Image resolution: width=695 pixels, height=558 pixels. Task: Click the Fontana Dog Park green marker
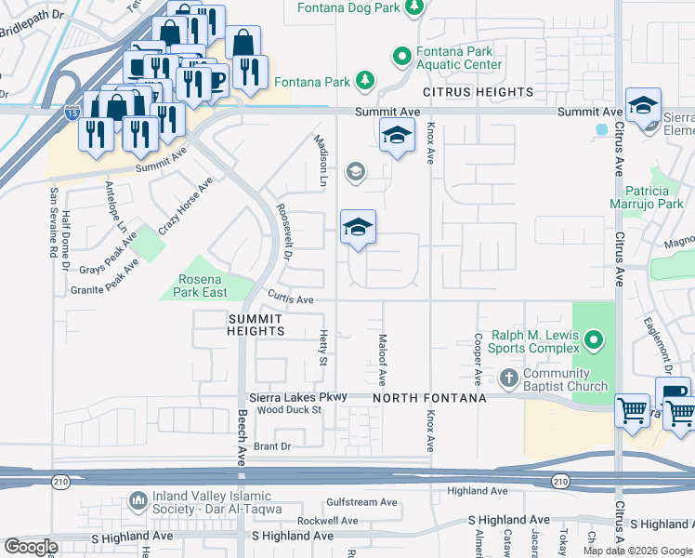(414, 7)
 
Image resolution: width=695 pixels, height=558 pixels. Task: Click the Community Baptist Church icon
(508, 379)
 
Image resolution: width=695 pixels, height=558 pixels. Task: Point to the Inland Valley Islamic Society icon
(138, 501)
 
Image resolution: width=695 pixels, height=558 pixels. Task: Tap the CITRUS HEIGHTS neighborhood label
(479, 93)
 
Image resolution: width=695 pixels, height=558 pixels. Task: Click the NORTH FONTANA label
(430, 398)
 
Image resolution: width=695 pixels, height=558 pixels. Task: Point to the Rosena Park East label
(203, 286)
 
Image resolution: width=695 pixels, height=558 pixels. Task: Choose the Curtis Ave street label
(291, 299)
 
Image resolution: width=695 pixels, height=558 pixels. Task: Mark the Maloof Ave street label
(382, 360)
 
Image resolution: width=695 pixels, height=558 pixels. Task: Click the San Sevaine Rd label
(53, 222)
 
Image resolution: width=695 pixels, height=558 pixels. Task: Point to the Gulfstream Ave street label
(361, 501)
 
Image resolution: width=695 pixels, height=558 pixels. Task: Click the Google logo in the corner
(32, 547)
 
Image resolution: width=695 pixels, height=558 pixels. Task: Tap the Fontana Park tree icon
(366, 82)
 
